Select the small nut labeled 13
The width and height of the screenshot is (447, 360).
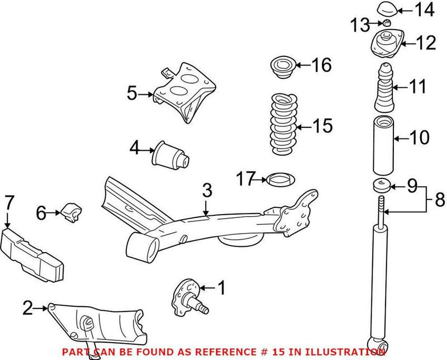[385, 23]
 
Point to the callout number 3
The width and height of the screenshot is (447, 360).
[207, 191]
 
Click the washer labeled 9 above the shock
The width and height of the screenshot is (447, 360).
[381, 184]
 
